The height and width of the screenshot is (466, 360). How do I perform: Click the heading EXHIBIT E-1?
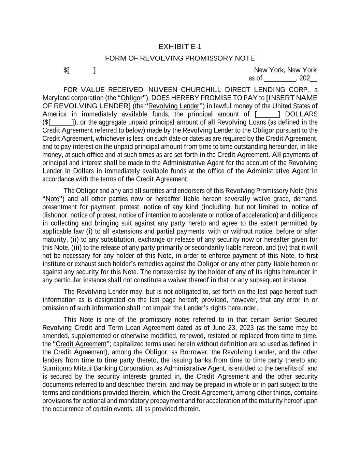pos(180,46)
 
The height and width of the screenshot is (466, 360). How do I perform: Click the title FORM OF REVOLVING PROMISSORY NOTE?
pos(180,58)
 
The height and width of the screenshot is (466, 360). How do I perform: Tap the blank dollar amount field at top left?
pos(82,70)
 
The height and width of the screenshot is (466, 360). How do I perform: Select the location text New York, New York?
pos(285,70)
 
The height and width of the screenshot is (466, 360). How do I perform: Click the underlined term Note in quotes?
pos(52,199)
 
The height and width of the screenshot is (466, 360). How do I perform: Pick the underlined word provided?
pos(214,300)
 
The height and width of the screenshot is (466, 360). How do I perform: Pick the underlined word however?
pos(243,300)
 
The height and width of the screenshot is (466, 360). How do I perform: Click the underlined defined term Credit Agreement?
pos(81,344)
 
